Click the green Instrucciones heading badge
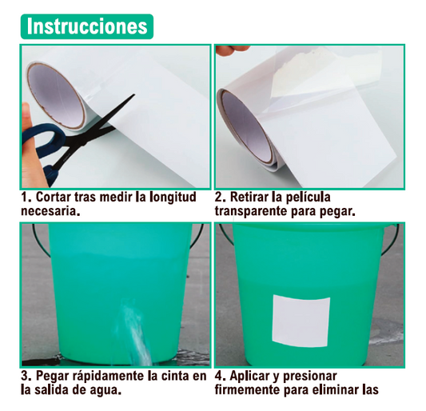(x=87, y=26)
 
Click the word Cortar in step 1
(x=53, y=197)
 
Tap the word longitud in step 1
(x=173, y=198)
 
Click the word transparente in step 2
(x=251, y=212)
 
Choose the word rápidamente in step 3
(x=109, y=377)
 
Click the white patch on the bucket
(x=301, y=321)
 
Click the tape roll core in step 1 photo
(x=56, y=96)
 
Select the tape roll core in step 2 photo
(x=246, y=128)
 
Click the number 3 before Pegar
(x=25, y=377)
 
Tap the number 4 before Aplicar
(x=219, y=377)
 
